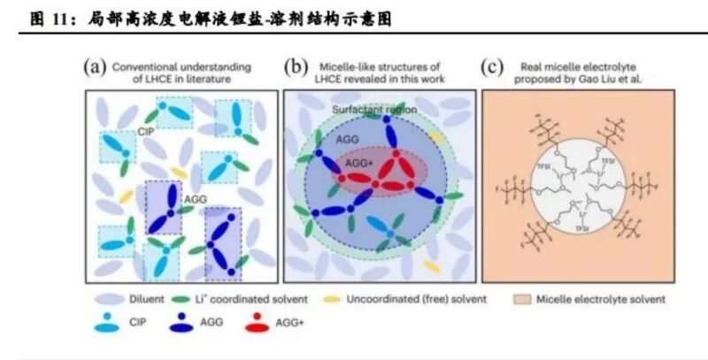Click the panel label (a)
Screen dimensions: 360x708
pos(94,67)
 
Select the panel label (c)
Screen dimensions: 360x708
pos(492,67)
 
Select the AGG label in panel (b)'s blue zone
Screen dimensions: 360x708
pos(348,139)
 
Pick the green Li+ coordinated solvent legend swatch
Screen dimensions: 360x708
pos(183,300)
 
